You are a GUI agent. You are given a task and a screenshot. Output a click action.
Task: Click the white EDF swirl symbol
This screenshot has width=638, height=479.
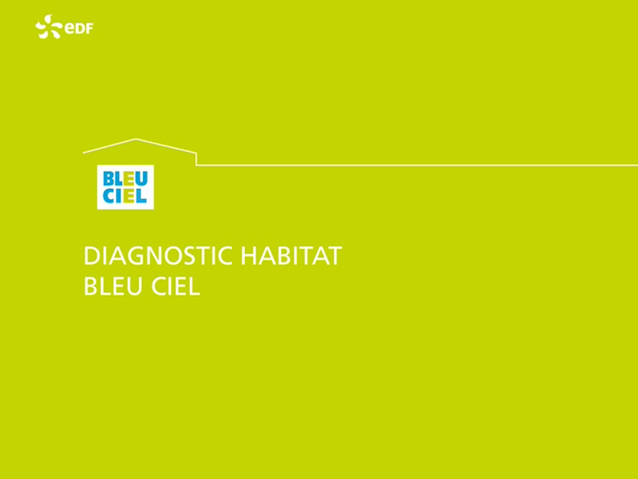point(49,27)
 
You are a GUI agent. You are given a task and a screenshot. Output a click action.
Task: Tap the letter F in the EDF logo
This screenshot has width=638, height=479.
point(88,29)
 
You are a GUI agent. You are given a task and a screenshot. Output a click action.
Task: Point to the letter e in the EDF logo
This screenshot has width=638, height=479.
point(69,29)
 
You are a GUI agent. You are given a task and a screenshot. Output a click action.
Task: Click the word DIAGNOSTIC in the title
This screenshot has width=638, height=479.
point(158,255)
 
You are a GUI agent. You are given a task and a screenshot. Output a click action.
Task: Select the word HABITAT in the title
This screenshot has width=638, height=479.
point(292,255)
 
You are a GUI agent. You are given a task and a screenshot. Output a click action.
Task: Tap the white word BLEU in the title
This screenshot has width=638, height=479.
point(113,286)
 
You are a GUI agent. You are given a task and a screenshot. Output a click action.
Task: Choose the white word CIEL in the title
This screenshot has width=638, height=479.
point(176,286)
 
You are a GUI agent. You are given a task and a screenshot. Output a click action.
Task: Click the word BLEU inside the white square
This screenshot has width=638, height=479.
point(125,179)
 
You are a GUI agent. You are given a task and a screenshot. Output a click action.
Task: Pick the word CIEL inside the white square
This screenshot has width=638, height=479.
point(125,195)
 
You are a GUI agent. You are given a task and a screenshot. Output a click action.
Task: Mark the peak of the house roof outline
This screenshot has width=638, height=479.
point(136,139)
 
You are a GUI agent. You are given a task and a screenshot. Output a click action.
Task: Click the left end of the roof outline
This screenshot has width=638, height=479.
point(83,153)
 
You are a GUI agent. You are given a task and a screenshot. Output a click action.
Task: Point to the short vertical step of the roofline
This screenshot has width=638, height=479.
point(196,159)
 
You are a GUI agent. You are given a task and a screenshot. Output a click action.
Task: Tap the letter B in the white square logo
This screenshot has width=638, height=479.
point(108,179)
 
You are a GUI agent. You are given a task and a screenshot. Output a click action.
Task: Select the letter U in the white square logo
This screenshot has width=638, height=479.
point(141,179)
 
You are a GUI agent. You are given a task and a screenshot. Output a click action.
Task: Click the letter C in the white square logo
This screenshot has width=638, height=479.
point(108,195)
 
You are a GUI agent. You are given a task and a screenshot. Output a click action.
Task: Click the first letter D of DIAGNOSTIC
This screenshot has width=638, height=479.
point(92,256)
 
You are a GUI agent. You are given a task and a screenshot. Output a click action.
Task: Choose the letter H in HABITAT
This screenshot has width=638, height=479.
point(249,256)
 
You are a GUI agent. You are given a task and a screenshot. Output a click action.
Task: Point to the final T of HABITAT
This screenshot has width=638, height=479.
point(334,256)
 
